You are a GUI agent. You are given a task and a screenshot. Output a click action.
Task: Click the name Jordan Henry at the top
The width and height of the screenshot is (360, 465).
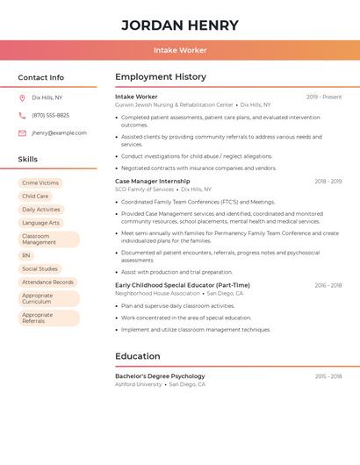click(180, 25)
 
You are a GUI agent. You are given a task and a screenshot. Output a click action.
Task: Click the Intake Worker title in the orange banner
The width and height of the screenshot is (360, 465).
click(180, 50)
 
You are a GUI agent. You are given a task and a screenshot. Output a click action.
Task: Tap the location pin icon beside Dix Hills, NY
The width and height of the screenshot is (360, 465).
click(22, 98)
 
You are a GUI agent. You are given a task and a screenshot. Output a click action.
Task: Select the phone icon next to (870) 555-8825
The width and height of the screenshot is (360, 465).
click(22, 116)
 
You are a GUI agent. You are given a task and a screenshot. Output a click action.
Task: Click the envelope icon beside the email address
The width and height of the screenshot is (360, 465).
click(22, 133)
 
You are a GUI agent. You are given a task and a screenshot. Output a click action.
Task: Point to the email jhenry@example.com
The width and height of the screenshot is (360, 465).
click(59, 133)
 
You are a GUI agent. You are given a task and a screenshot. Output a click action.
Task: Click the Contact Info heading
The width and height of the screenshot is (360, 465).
click(41, 77)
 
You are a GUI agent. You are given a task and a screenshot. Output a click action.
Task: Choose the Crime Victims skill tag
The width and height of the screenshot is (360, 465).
click(40, 183)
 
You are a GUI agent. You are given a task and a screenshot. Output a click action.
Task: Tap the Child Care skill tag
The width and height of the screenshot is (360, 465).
click(35, 197)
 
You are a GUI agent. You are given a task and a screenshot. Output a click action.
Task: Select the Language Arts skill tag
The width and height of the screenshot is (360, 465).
click(40, 223)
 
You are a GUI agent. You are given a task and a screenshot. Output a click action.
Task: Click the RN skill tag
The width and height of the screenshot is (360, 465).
click(26, 255)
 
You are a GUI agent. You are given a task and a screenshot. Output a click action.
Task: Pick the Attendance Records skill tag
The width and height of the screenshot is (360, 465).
click(47, 282)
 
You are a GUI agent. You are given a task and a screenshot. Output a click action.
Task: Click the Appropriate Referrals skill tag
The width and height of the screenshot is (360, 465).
click(38, 318)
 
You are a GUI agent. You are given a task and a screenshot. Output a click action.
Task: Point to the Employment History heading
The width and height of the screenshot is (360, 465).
click(161, 77)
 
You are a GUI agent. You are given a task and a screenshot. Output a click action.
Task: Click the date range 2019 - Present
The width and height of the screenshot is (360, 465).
click(324, 97)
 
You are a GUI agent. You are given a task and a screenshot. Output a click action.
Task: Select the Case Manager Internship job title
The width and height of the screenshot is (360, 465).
click(152, 182)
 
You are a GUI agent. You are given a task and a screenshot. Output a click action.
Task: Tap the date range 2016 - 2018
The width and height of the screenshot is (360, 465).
click(328, 285)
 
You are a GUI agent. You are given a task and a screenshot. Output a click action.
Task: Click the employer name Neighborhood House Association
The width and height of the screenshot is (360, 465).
click(157, 294)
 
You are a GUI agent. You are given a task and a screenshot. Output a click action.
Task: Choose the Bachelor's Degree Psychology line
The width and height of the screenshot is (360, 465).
click(160, 376)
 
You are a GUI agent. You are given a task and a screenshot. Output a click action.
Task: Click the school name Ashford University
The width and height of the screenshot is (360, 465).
click(139, 384)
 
